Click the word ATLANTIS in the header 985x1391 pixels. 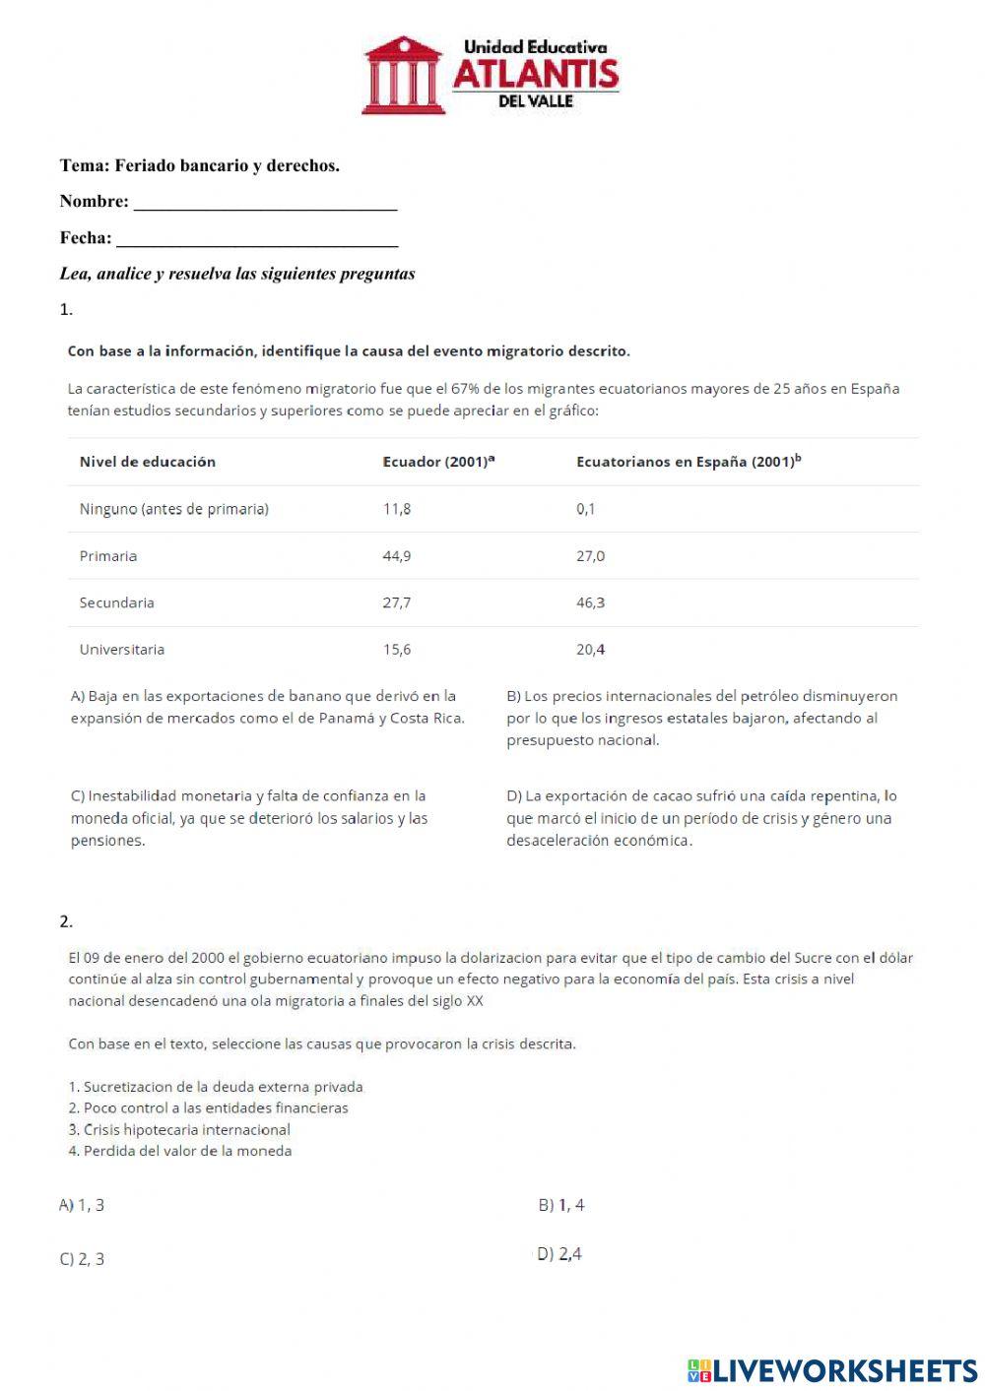pyautogui.click(x=535, y=74)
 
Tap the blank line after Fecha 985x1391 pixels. pyautogui.click(x=257, y=240)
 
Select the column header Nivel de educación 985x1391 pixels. pyautogui.click(x=147, y=462)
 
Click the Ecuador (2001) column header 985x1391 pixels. pyautogui.click(x=437, y=462)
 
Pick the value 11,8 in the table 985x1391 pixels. pyautogui.click(x=396, y=509)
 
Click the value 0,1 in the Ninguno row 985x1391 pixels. pyautogui.click(x=585, y=509)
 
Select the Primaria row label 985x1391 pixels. pyautogui.click(x=108, y=556)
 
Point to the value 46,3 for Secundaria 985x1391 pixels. pyautogui.click(x=590, y=602)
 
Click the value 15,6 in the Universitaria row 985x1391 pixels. pyautogui.click(x=396, y=650)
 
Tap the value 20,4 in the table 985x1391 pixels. pyautogui.click(x=590, y=650)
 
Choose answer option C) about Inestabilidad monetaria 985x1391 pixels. pyautogui.click(x=248, y=818)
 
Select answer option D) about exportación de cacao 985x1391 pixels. pyautogui.click(x=700, y=818)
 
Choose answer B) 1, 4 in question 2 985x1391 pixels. pyautogui.click(x=561, y=1205)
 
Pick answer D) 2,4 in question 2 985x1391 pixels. pyautogui.click(x=558, y=1254)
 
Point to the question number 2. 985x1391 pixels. pyautogui.click(x=66, y=921)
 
